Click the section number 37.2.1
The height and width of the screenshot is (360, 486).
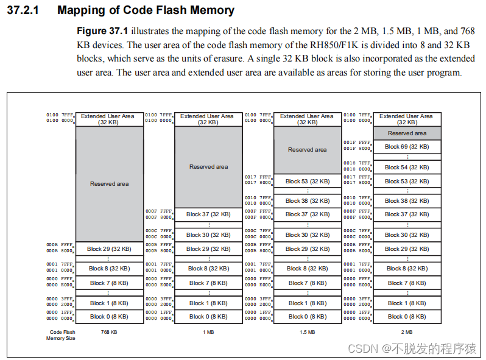(x=23, y=11)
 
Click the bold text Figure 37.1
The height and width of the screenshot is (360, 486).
(x=102, y=31)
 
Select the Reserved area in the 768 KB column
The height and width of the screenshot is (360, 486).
(x=109, y=183)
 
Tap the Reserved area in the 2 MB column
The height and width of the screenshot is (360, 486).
(x=407, y=133)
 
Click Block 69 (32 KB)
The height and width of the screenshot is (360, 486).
(x=407, y=147)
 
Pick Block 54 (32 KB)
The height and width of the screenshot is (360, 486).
(x=407, y=168)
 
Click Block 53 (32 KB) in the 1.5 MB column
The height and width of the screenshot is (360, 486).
(x=308, y=181)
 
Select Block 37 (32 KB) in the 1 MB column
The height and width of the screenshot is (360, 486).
(x=208, y=214)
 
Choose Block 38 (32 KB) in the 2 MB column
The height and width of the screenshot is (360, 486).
(x=407, y=200)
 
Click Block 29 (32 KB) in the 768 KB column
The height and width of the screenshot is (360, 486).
(x=109, y=249)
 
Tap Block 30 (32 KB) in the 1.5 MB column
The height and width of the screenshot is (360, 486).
(x=308, y=235)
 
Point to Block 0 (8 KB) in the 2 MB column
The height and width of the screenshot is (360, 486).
(x=407, y=317)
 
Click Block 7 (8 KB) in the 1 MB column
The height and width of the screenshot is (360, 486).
(x=208, y=283)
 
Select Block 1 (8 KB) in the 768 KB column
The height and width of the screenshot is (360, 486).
(x=109, y=303)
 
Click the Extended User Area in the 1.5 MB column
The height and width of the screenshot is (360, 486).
(x=307, y=119)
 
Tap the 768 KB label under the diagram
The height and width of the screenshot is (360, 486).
(x=109, y=332)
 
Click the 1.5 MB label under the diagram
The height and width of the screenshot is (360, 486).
(x=307, y=332)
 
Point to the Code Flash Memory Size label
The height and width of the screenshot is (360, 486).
(x=61, y=335)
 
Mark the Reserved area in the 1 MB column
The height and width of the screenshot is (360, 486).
(x=208, y=166)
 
